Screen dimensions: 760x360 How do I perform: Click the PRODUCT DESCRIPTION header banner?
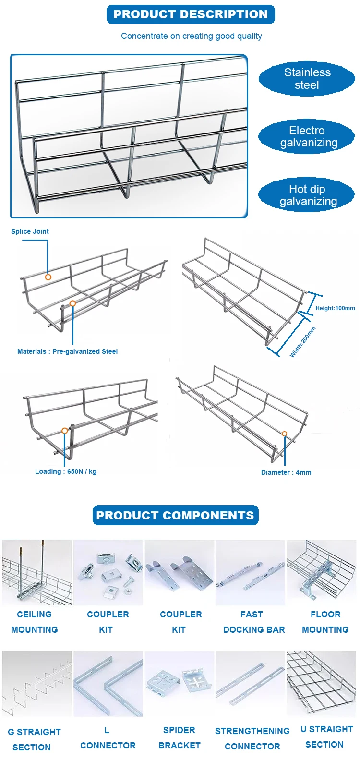[x=191, y=14]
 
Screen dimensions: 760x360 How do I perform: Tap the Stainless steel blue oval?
[x=307, y=79]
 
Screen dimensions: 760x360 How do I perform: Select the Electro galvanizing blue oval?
[x=307, y=137]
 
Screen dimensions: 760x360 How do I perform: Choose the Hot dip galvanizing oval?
[x=307, y=195]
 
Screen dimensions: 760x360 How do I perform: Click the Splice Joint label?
[x=30, y=231]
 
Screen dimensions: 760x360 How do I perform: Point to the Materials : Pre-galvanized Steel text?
[x=67, y=351]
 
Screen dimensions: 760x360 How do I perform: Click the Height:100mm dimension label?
[x=335, y=308]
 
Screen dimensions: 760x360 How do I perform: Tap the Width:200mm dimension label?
[x=303, y=342]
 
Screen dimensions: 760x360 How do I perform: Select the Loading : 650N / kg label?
[x=66, y=471]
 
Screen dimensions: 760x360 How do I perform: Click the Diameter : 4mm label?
[x=286, y=472]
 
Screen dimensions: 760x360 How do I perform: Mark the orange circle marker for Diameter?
[x=285, y=434]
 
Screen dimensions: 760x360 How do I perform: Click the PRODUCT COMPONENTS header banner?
[x=175, y=515]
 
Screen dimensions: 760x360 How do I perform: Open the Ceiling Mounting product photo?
[x=37, y=572]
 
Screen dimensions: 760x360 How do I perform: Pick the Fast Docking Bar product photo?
[x=250, y=572]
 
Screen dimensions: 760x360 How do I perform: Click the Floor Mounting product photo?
[x=322, y=572]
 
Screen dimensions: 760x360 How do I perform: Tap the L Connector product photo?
[x=108, y=684]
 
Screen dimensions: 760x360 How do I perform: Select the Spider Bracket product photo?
[x=180, y=684]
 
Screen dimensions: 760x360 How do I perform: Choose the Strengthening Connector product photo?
[x=250, y=684]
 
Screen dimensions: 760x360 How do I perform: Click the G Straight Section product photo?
[x=37, y=684]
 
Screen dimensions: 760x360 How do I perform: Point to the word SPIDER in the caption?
[x=179, y=730]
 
